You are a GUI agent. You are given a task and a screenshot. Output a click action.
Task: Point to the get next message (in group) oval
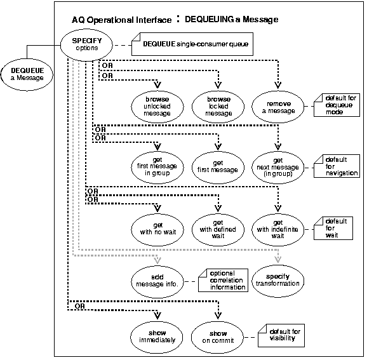(x=278, y=165)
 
